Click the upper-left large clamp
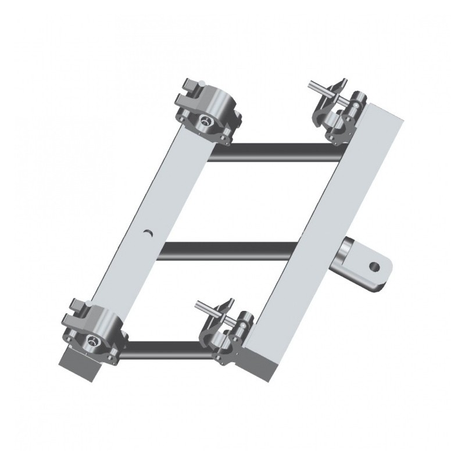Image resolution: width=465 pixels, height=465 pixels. [209, 113]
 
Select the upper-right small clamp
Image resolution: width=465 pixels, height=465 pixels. [337, 113]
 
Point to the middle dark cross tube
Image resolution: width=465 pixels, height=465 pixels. [221, 251]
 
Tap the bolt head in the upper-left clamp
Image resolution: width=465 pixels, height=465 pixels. [205, 120]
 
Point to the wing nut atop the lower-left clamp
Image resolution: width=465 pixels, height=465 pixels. [78, 308]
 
